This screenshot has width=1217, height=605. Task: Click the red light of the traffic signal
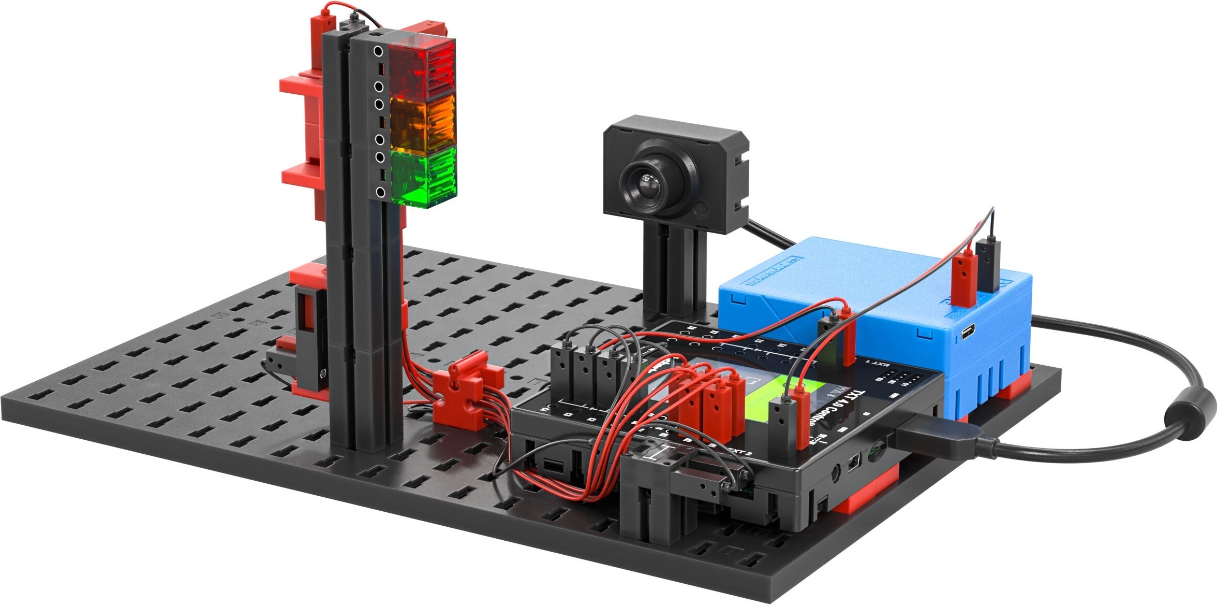422,69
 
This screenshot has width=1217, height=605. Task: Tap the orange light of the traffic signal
423,123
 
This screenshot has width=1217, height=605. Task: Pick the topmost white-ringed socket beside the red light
379,51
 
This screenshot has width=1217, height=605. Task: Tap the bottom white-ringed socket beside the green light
380,193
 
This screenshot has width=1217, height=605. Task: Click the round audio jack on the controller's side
835,472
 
